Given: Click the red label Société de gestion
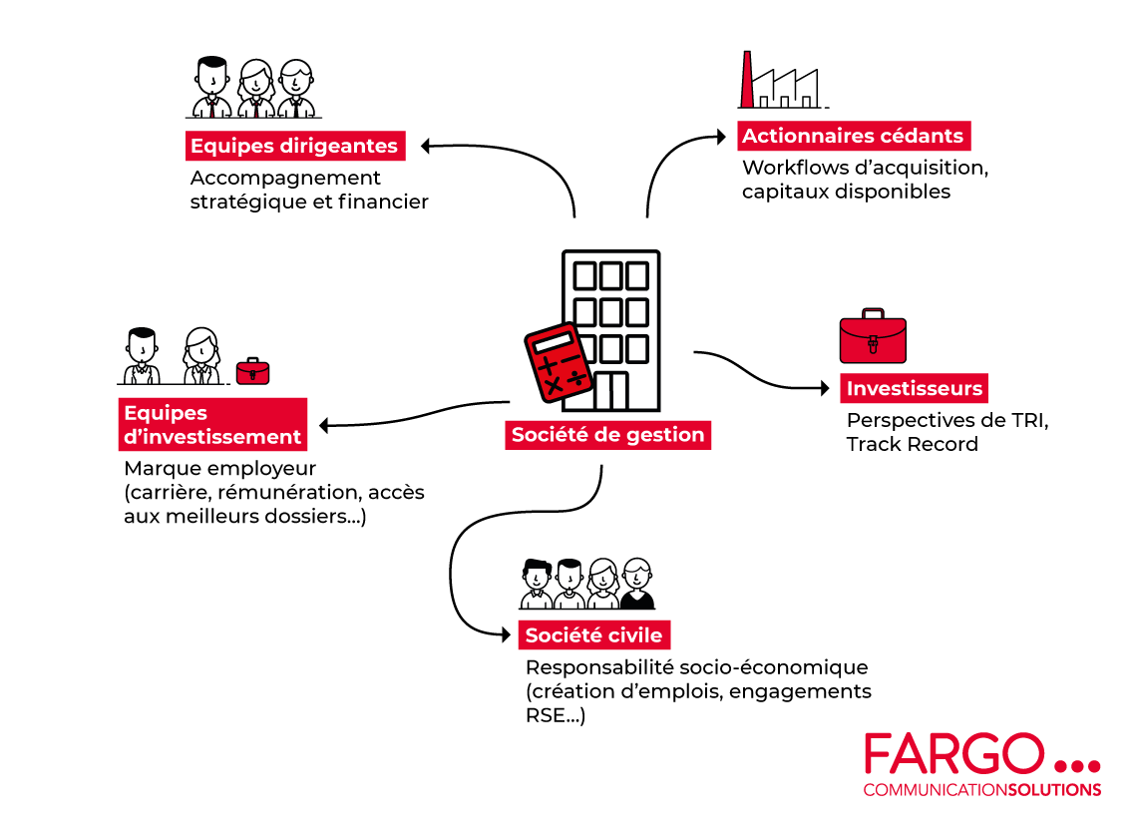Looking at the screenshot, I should pos(607,435).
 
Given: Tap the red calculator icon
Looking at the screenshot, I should pos(558,365).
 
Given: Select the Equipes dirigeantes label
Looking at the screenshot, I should pos(294,147).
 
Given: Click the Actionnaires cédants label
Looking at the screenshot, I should pos(853,137).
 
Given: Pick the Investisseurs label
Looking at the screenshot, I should pos(915,389).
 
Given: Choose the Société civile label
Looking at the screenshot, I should pos(593,634).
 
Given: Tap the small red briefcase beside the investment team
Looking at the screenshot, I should pos(252,371).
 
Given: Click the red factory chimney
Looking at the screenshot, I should pos(745,79).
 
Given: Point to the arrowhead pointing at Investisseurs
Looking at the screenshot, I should pos(825,387).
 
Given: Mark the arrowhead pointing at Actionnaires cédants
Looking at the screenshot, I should pos(723,136).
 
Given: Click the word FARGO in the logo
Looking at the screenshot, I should pos(953,755).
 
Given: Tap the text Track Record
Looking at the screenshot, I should pos(912,444).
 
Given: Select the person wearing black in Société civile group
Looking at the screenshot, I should pos(636,584).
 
